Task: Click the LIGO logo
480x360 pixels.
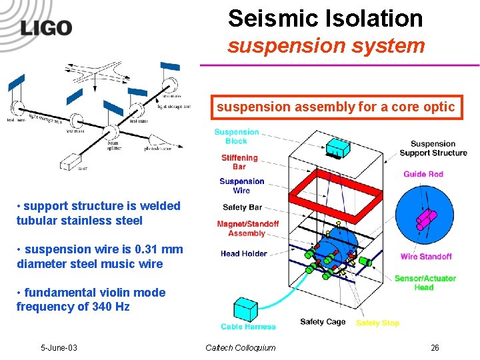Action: click(46, 27)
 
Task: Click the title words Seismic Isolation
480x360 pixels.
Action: click(325, 19)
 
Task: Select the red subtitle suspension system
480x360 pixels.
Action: click(326, 46)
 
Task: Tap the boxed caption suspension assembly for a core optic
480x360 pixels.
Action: click(335, 107)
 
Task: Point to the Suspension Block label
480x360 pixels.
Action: click(237, 137)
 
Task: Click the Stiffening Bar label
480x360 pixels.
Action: click(239, 162)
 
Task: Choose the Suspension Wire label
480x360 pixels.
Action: click(241, 185)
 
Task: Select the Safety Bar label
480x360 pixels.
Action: click(242, 207)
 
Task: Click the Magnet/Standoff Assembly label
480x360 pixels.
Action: click(247, 229)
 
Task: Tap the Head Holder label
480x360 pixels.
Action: click(244, 253)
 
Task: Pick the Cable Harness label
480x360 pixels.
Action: click(248, 327)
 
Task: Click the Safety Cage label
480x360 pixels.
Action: click(323, 322)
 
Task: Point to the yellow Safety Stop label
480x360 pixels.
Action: click(377, 323)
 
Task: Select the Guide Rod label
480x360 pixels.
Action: click(423, 174)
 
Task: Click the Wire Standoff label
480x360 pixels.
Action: click(426, 257)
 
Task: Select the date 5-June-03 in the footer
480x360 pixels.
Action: click(59, 348)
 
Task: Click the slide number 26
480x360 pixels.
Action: click(435, 348)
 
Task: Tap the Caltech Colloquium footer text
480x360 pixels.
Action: click(240, 348)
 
